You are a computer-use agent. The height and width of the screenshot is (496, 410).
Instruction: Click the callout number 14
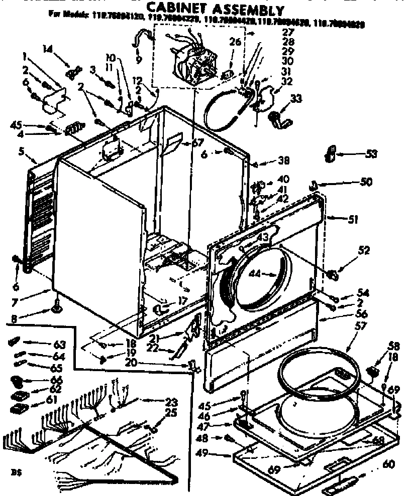click(47, 49)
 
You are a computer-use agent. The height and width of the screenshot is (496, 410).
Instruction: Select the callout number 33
click(296, 99)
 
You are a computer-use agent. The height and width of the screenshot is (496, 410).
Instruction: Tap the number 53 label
click(371, 153)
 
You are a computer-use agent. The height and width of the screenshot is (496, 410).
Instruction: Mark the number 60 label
click(388, 465)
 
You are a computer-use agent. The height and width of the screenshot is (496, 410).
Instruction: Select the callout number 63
click(59, 344)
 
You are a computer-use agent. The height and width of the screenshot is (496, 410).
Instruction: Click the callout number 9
click(138, 60)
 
